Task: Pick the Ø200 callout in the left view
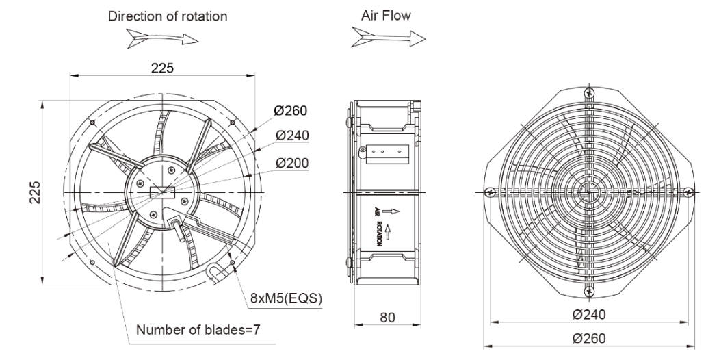coord(292,163)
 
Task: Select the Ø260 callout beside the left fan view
coord(292,112)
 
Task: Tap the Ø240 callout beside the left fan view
coord(292,136)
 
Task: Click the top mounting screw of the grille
coord(588,92)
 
